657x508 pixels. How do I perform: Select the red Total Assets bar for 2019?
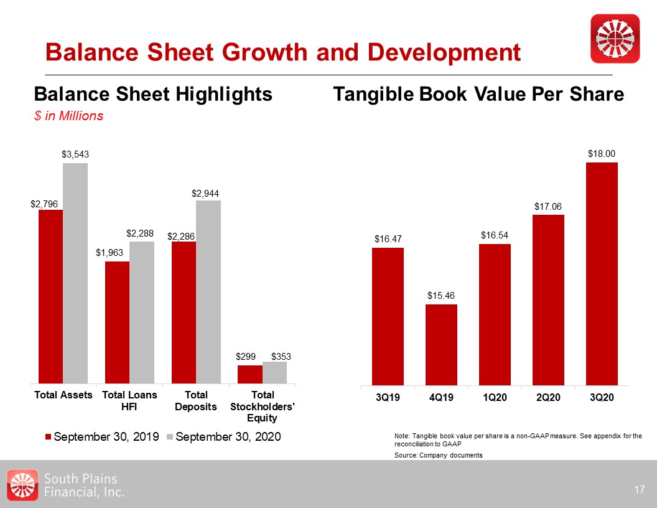50,296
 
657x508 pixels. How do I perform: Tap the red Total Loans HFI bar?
117,322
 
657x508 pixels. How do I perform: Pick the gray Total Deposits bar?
208,291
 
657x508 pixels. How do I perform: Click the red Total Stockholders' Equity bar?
250,374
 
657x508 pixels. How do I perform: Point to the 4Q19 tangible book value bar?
441,344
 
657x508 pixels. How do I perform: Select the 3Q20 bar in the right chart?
602,274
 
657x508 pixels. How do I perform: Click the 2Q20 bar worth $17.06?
548,299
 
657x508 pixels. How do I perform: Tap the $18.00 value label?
602,153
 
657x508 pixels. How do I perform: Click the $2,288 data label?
140,233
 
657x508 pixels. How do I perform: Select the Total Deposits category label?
197,401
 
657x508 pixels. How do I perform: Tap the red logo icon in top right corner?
615,39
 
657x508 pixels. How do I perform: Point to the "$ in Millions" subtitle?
68,116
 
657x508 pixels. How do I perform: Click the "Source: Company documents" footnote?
439,455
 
